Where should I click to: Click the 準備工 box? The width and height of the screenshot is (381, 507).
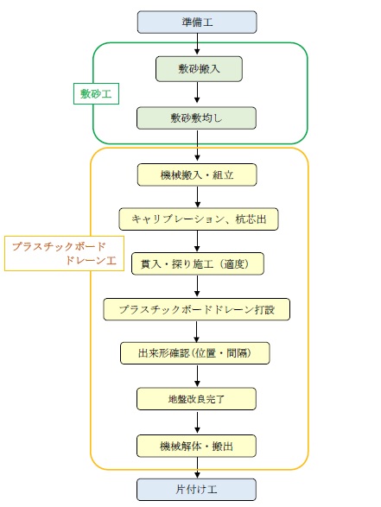[197, 22]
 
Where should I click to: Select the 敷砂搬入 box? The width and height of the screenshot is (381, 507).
[199, 69]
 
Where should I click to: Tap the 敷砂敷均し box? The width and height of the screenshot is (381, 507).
[196, 118]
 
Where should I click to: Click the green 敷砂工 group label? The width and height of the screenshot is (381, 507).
[96, 94]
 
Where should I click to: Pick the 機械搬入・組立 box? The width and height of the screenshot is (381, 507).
[197, 175]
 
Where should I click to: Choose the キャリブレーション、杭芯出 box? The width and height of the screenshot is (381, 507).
[199, 219]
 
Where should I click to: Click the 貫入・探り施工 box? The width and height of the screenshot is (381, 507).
[198, 263]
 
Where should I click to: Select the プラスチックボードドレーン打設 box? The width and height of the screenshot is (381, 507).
[197, 309]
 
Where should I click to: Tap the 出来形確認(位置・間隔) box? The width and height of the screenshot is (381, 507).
[195, 353]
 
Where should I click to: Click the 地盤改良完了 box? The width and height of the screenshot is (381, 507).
[196, 399]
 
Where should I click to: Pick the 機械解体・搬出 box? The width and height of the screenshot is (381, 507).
[196, 447]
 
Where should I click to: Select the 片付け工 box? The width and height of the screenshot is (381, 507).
[196, 490]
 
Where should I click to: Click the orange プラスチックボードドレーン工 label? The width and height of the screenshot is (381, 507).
[64, 254]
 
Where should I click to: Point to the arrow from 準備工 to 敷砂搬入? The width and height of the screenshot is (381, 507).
[197, 44]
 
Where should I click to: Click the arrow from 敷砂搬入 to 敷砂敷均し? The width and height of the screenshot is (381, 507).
[197, 92]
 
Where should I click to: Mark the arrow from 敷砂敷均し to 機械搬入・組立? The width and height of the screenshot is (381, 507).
[197, 145]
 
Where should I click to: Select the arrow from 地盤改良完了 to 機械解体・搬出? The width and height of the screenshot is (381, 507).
[197, 422]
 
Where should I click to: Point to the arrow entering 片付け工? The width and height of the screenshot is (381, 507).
[197, 468]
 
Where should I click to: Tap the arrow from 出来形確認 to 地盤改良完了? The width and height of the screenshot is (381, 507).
[197, 376]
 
